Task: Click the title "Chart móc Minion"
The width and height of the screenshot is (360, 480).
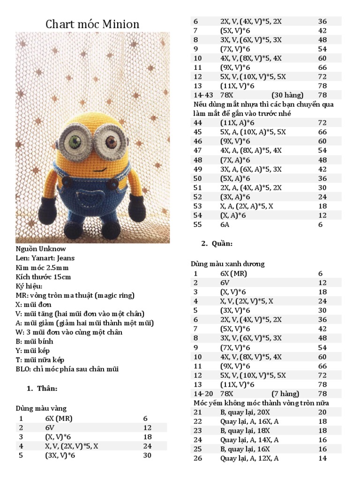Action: pyautogui.click(x=92, y=24)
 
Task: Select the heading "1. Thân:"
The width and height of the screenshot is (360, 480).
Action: pyautogui.click(x=42, y=388)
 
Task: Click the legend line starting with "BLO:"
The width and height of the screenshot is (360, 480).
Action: pyautogui.click(x=67, y=369)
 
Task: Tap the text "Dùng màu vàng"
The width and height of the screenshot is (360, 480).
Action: pyautogui.click(x=41, y=408)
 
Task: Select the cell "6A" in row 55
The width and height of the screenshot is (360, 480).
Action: pyautogui.click(x=225, y=225)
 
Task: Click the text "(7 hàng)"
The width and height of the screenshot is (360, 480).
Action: pyautogui.click(x=285, y=394)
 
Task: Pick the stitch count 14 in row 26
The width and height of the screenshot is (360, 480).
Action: pyautogui.click(x=322, y=458)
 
